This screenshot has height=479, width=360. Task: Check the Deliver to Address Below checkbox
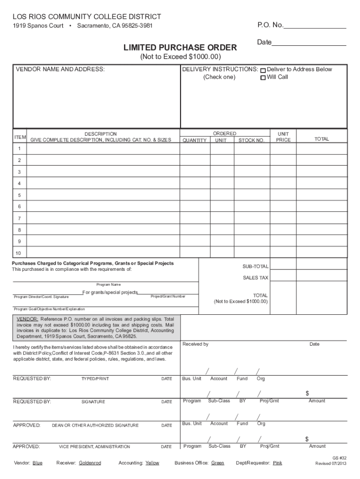263,70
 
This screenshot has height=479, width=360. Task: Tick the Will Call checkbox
263,78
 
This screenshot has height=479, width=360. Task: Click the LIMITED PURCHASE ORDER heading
180,48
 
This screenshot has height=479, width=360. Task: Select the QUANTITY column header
194,140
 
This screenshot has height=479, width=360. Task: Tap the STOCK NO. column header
251,140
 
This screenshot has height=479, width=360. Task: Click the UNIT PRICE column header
283,137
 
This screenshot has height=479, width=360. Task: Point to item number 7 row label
20,218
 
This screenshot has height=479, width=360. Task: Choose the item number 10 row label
20,253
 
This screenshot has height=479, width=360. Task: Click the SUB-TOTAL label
255,267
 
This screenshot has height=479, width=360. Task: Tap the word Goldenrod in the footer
90,463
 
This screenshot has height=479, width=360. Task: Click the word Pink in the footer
277,463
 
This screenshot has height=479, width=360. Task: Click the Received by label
195,344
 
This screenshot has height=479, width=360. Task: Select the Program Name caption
108,284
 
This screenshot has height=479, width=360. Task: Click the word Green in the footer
217,463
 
